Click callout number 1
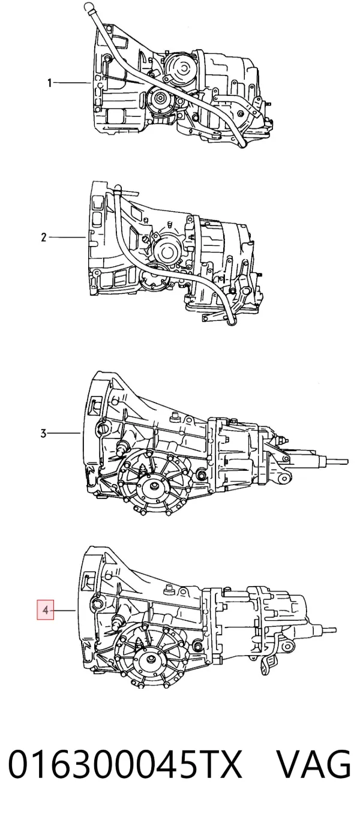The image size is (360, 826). [49, 83]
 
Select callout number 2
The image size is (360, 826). [44, 237]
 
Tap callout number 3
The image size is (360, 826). [44, 433]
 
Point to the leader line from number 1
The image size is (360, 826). [72, 83]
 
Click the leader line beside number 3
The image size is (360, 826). [64, 433]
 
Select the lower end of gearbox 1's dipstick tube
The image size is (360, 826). [243, 145]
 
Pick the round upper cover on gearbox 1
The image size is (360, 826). [181, 67]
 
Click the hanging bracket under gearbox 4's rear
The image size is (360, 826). [269, 663]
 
